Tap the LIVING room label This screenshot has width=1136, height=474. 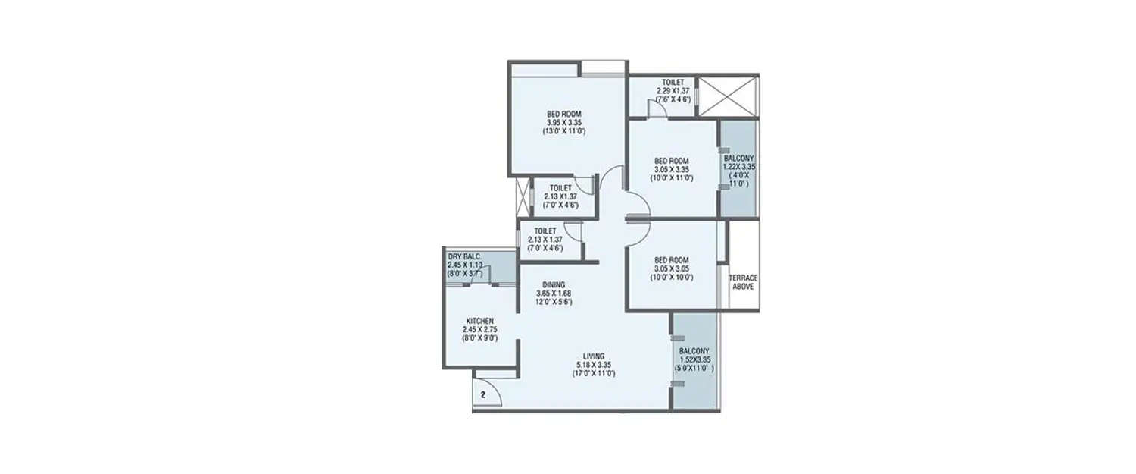(x=594, y=356)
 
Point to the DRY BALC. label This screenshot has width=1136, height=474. (x=464, y=256)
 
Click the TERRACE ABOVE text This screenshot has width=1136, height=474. (x=743, y=283)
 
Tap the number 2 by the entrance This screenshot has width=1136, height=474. (x=482, y=394)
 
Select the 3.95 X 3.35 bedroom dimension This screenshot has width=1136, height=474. (x=564, y=123)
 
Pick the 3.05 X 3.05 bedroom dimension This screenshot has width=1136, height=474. (x=671, y=268)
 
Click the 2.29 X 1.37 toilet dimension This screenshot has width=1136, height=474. (x=673, y=91)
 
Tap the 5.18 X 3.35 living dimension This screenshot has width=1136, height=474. (x=594, y=365)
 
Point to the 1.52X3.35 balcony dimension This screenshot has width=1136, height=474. (x=694, y=360)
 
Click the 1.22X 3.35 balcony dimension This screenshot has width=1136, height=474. (x=738, y=167)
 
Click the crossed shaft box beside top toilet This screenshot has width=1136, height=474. (x=727, y=96)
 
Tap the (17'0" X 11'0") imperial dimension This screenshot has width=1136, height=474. (x=594, y=374)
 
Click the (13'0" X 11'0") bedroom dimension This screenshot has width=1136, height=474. (x=564, y=132)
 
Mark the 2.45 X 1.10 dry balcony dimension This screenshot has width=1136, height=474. (x=464, y=265)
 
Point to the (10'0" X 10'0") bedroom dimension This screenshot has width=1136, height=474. (x=671, y=278)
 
